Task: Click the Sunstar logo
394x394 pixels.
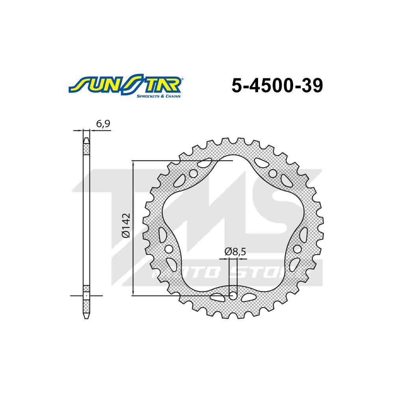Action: pos(126,86)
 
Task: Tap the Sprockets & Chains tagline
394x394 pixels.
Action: pos(158,96)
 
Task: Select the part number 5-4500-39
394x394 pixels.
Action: pos(277,85)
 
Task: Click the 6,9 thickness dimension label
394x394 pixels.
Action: pos(103,124)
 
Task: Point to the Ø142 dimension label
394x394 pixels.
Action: pos(126,225)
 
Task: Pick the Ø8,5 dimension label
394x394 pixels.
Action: pos(235,251)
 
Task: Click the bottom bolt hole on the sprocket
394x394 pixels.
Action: pos(233,296)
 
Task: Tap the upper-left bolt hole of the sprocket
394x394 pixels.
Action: pos(194,173)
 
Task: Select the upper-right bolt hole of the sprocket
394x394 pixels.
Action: pos(273,173)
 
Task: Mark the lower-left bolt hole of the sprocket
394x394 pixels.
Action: pos(169,249)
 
